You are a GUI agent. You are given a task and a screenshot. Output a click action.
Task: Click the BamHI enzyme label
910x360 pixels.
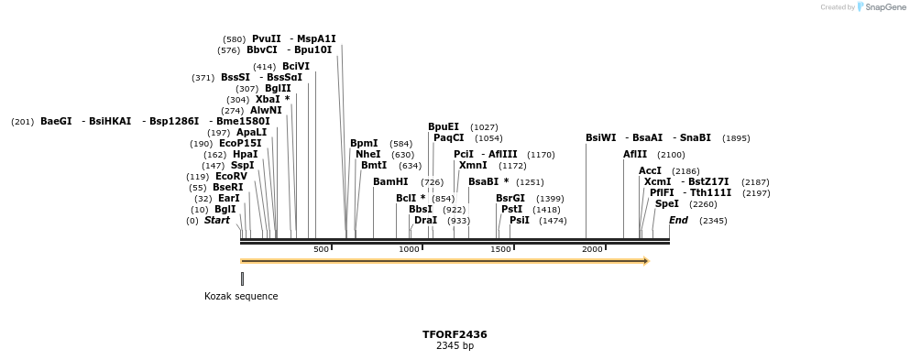click(x=390, y=182)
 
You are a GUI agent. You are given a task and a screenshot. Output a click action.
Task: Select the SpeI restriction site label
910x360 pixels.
click(x=667, y=204)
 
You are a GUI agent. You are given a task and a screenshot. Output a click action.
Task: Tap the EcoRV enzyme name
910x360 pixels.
click(x=231, y=177)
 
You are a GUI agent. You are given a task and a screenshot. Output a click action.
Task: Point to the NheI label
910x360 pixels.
click(x=367, y=155)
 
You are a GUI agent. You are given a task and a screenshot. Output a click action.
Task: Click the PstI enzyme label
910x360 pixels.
click(x=511, y=210)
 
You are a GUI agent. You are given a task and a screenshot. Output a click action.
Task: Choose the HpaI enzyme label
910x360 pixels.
click(x=245, y=155)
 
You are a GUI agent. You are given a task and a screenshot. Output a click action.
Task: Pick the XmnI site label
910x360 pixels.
click(x=473, y=166)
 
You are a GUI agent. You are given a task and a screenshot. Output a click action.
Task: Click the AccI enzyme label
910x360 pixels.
click(x=650, y=171)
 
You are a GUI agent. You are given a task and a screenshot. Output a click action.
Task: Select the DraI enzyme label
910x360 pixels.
click(x=425, y=221)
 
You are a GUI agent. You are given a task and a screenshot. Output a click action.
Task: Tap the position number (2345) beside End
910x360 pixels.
click(x=713, y=221)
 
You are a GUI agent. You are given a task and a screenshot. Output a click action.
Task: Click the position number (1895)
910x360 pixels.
click(x=736, y=138)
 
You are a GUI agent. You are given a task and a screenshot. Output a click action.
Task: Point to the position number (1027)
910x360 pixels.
click(x=484, y=127)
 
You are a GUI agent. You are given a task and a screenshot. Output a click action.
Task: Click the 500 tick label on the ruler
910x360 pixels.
click(x=321, y=249)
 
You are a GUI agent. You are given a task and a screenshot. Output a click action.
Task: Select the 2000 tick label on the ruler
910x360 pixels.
click(x=592, y=249)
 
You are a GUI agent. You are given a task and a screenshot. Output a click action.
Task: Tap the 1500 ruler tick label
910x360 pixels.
click(x=500, y=249)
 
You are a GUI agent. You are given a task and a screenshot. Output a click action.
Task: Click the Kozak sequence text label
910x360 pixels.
click(x=241, y=297)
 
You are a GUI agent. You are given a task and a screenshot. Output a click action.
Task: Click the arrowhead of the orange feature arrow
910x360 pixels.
click(x=646, y=261)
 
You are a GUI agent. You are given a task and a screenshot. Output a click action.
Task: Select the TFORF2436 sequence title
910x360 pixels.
click(x=455, y=335)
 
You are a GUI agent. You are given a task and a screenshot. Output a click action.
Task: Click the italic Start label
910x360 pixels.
click(x=217, y=221)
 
